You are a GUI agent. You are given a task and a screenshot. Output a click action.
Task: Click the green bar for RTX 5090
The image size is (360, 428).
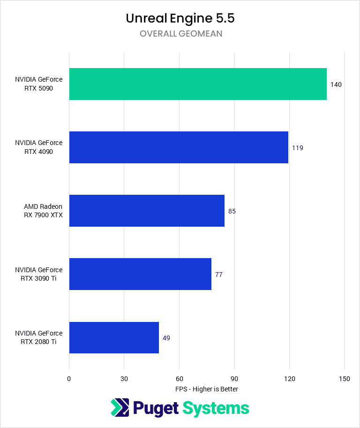(198, 84)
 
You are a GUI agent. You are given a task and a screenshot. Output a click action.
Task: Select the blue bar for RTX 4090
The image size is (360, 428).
(179, 147)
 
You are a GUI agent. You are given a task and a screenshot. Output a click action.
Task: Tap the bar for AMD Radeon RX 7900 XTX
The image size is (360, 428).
(147, 211)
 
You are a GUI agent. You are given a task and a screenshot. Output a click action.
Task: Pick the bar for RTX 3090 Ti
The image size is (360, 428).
(140, 274)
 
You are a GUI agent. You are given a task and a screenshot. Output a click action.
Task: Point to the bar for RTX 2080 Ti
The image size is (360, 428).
(114, 337)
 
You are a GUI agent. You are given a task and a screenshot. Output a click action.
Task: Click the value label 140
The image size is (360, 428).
(336, 84)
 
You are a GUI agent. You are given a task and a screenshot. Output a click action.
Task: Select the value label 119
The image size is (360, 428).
(298, 148)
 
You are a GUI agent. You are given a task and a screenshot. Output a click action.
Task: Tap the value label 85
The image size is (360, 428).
(232, 211)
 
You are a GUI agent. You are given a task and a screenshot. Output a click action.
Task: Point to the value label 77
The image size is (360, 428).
(219, 275)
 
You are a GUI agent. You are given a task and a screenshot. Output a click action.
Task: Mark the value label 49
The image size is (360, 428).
(166, 338)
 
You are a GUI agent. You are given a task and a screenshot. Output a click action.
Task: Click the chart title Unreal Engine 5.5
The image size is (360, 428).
(180, 18)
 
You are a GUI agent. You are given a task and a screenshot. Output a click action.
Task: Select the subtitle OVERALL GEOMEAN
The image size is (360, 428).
(180, 34)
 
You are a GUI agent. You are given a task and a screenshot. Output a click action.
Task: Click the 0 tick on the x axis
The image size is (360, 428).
(69, 379)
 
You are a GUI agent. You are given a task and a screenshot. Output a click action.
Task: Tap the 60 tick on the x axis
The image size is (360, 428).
(179, 379)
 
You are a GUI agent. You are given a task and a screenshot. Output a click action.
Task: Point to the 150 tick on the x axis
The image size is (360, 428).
(345, 379)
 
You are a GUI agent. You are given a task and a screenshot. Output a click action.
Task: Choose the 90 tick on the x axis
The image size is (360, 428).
(234, 379)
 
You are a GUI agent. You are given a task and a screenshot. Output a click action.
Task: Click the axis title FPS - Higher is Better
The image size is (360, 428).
(207, 389)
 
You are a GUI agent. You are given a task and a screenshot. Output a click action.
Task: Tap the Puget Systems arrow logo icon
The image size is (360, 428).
(120, 407)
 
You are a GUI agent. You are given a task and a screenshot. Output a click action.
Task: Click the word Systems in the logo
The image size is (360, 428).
(216, 408)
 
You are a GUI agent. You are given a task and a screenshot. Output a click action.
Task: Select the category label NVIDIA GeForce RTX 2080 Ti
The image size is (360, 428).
(38, 337)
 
